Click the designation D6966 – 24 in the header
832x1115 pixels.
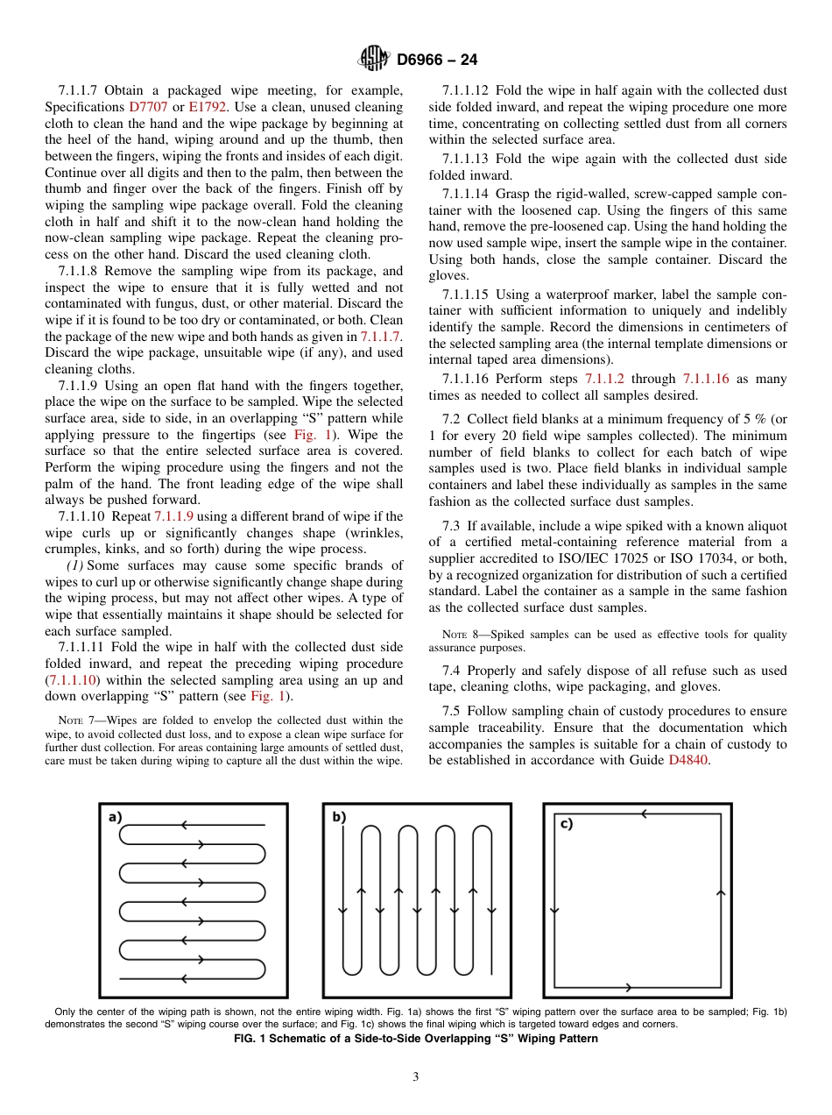point(437,60)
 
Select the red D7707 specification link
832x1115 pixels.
point(148,106)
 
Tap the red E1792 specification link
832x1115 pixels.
point(208,106)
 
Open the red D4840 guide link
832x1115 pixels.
point(688,760)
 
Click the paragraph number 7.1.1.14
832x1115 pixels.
point(468,193)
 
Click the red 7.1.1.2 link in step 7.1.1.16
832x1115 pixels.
point(604,379)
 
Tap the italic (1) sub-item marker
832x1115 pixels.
point(75,565)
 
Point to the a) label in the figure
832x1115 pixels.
point(115,817)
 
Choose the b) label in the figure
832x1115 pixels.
point(339,817)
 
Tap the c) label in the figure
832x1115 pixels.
point(566,824)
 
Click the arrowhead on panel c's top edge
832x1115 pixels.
point(644,814)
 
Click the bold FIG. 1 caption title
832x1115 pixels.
point(416,1039)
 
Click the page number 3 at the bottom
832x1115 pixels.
point(416,1076)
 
